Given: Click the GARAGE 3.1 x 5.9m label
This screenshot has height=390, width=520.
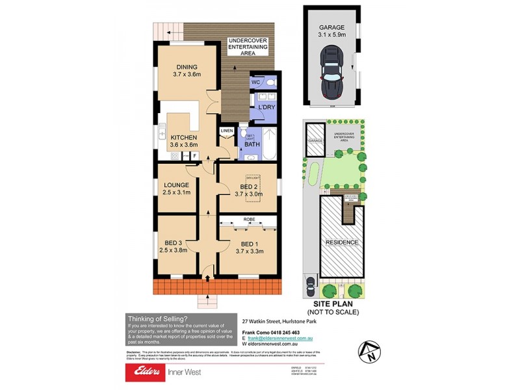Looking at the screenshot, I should point(331,31).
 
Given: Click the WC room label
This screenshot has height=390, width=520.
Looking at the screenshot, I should point(255,83).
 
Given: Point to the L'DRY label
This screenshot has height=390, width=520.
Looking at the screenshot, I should point(266,107).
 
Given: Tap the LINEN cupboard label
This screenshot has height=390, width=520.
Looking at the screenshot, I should point(226,131).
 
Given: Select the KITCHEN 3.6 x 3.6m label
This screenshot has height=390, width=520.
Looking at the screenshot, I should point(184,141).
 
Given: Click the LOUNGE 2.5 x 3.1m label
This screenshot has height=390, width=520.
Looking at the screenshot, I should point(176,189).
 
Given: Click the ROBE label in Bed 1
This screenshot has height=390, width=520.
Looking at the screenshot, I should point(249,220).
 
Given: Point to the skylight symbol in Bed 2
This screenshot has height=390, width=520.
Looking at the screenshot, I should point(252,179).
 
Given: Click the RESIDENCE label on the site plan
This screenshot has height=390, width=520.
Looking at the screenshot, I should point(342,242).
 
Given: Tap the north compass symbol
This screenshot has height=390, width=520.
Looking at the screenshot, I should point(368,353).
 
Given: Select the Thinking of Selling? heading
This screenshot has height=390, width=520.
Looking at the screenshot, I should point(158,318).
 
